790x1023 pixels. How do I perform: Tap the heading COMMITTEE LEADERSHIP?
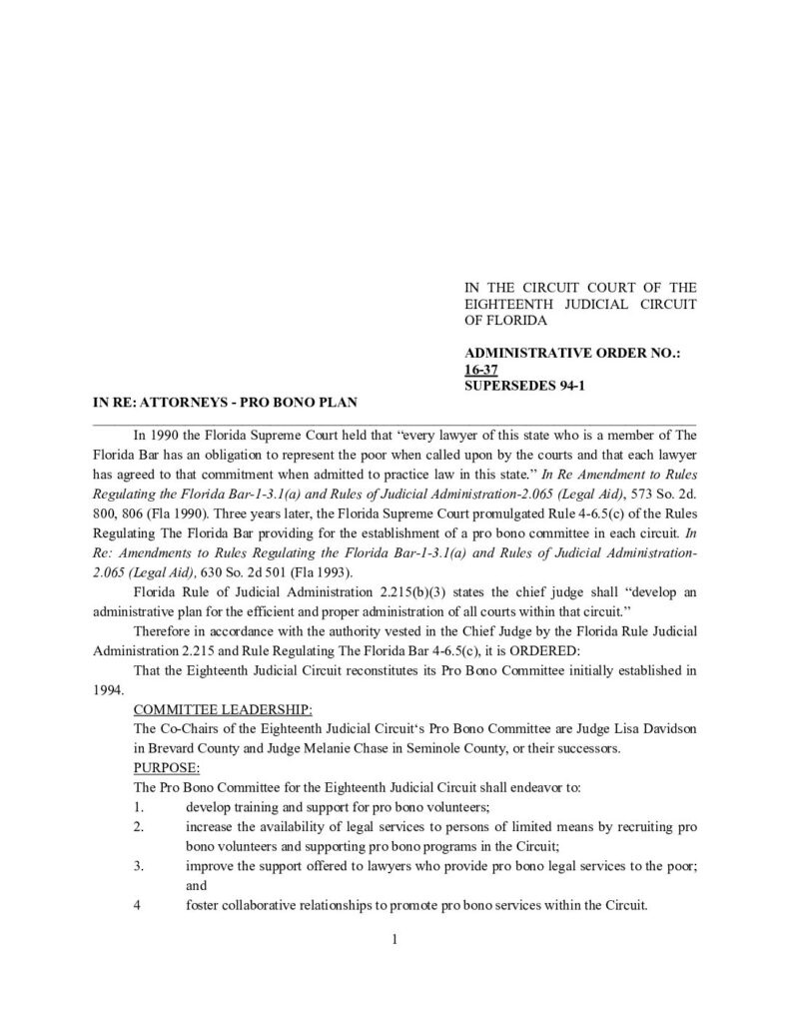coord(222,709)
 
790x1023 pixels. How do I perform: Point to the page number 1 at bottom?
coord(395,939)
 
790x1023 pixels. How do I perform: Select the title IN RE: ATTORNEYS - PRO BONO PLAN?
coord(225,402)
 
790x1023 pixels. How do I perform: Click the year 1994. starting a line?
coord(107,689)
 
